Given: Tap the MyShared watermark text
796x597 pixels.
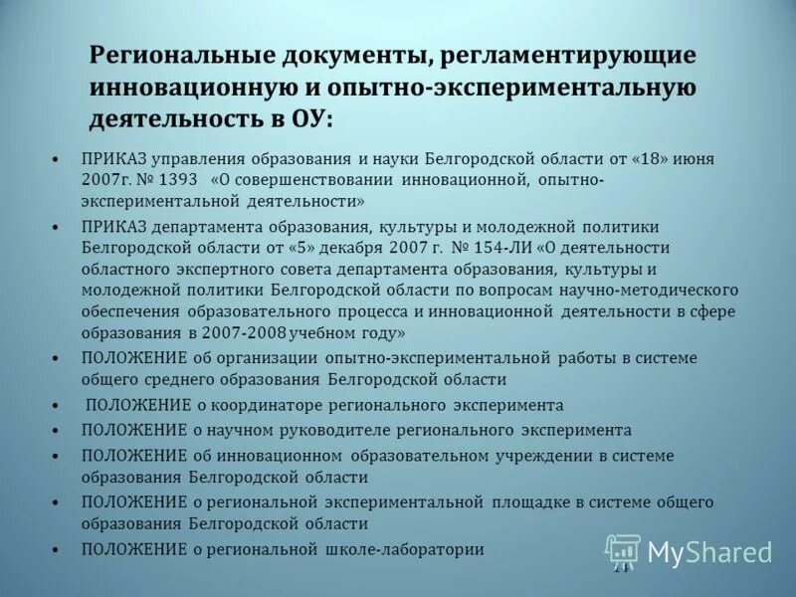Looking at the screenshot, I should coord(709,552).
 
